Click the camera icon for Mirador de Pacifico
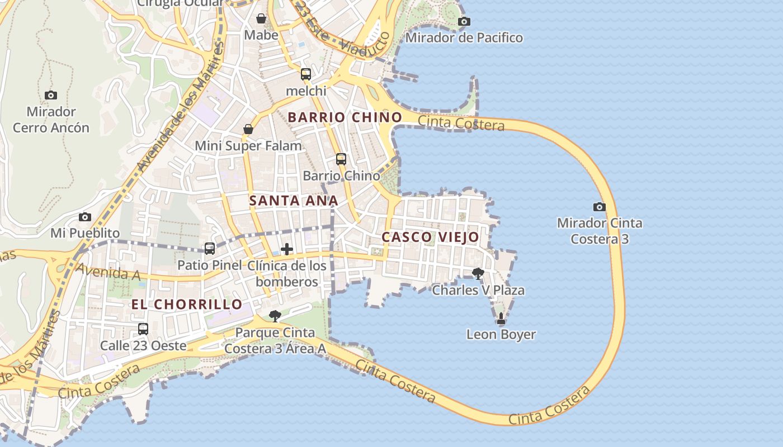pos(464,22)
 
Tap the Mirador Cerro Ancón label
pos(51,120)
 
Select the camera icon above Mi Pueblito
pos(85,217)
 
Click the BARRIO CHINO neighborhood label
pos(345,117)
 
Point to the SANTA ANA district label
pos(293,201)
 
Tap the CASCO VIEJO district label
pos(430,237)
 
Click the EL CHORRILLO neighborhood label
pos(187,305)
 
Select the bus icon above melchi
pos(305,74)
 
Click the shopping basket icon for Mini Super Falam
pos(248,130)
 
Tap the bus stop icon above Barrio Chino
pos(341,159)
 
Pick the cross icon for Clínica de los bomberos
pos(287,249)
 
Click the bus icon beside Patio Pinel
pos(210,249)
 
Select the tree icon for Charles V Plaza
pos(478,274)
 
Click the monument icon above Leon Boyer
pos(501,318)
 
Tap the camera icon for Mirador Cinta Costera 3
pos(599,207)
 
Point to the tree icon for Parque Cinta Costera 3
pos(275,316)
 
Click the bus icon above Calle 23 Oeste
pos(143,329)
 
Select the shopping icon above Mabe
pos(261,18)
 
